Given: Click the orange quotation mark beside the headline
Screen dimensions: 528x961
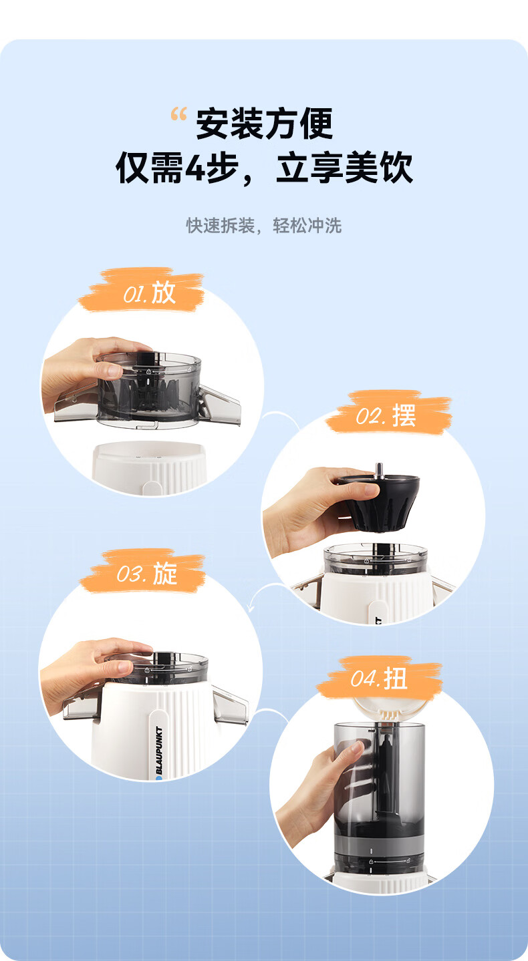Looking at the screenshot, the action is point(178,114).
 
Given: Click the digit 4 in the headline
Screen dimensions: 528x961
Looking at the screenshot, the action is point(195,168).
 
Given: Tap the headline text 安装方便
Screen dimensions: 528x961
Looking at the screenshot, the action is point(265,124).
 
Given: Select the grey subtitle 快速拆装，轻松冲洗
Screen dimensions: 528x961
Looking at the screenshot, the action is point(263,226).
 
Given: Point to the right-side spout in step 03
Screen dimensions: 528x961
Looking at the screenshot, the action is point(231,705).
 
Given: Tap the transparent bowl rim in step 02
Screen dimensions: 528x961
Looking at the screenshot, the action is point(376,554).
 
